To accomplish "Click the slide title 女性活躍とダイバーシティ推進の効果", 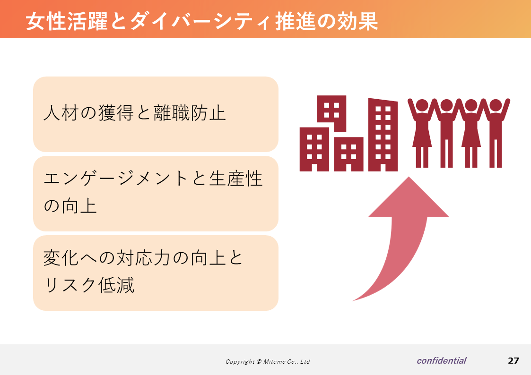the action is [x=202, y=21].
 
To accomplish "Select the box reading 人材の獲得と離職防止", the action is [x=156, y=114].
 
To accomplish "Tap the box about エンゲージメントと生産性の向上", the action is [x=156, y=194].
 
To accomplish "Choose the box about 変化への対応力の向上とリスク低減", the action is [x=156, y=273].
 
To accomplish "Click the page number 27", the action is [x=514, y=361].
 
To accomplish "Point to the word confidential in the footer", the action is [x=442, y=361].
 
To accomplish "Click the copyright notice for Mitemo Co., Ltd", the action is [x=268, y=361].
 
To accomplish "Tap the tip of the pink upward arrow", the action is [x=409, y=177].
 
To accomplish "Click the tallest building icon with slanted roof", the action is [x=383, y=135].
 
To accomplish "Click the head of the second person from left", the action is [x=446, y=105].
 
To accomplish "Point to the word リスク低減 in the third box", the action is [x=89, y=285].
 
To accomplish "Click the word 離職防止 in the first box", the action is [x=190, y=113].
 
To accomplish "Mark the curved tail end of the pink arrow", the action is [x=353, y=300].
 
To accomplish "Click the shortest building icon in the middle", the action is [x=349, y=154].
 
